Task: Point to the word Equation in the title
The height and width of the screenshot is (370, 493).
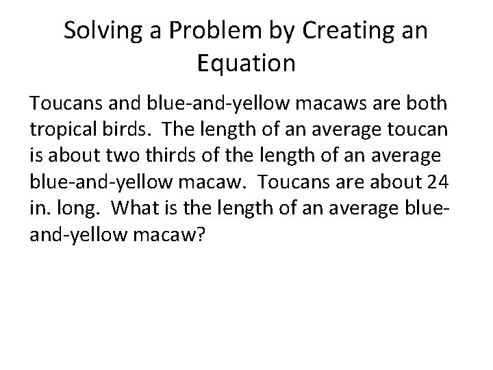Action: [x=246, y=64]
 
